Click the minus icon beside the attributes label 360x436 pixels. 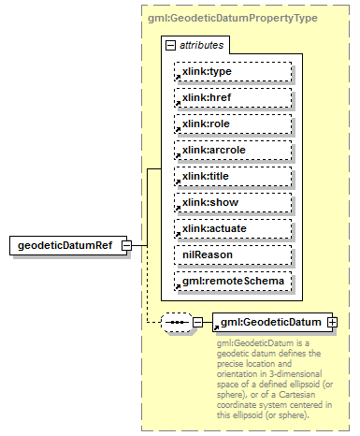pos(169,45)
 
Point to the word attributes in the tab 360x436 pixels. pos(202,45)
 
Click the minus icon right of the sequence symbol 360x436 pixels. pos(198,323)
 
